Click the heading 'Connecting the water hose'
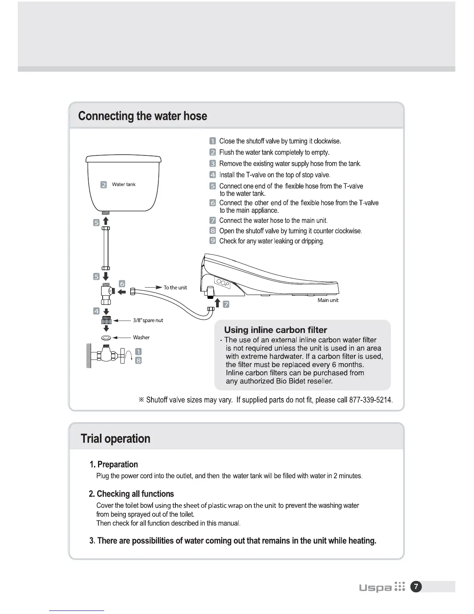pos(143,116)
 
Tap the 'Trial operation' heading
pos(115,438)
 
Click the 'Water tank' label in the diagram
pos(124,185)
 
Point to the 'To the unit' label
pos(175,288)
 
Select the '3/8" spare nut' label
pos(148,321)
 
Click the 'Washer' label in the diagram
pos(141,338)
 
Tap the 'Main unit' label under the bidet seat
pos(328,300)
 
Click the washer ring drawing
pos(106,338)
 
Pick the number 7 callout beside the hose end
pos(226,304)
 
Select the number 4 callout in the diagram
pos(96,311)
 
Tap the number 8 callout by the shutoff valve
pos(138,360)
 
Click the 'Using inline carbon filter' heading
pos(275,330)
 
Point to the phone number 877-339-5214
pos(371,400)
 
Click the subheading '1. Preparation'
pos(113,464)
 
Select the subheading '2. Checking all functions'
pos(131,494)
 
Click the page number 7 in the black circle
pos(416,587)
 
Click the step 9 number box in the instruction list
pos(213,241)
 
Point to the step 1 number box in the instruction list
pos(213,141)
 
